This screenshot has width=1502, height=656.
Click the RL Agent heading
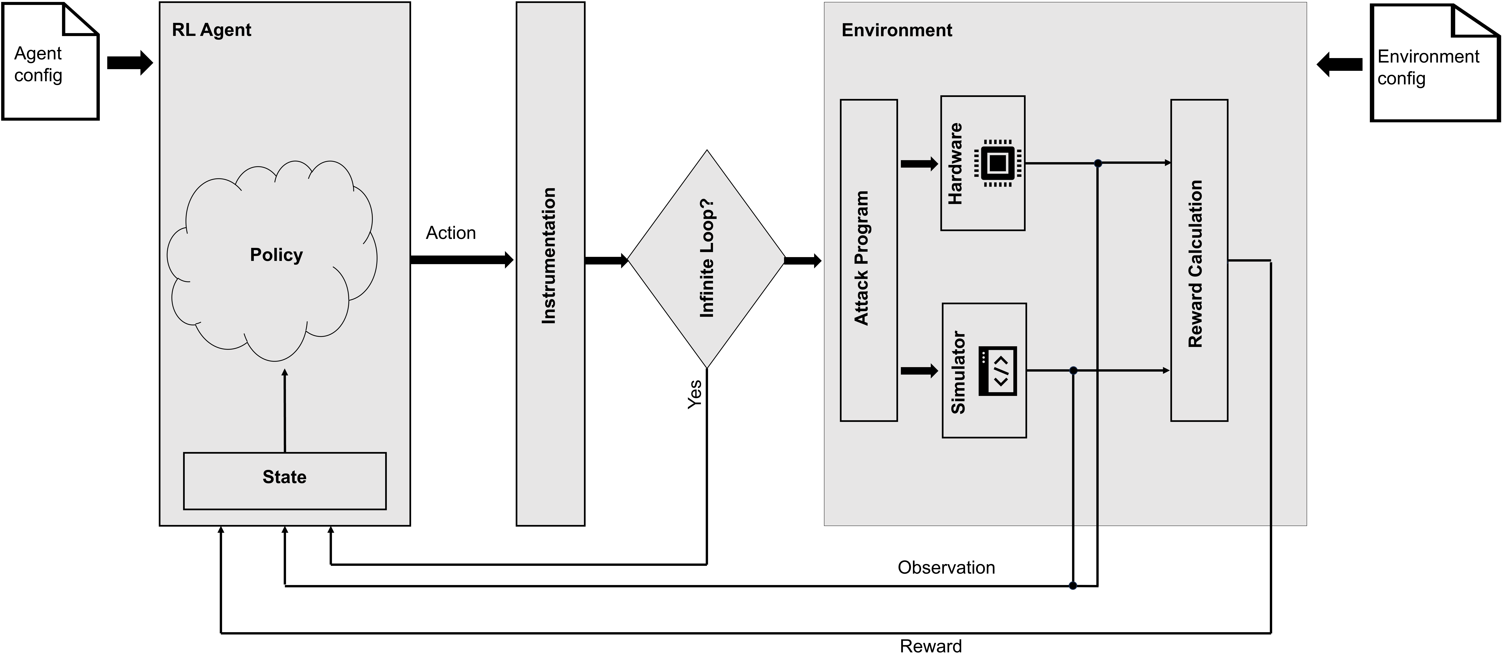coord(211,30)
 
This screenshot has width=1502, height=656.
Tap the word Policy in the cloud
coord(276,255)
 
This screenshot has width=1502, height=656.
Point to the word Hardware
coord(955,163)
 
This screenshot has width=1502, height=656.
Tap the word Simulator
coord(958,372)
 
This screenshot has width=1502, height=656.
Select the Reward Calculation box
coord(1199,260)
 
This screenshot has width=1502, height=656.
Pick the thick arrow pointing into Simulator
coord(920,371)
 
